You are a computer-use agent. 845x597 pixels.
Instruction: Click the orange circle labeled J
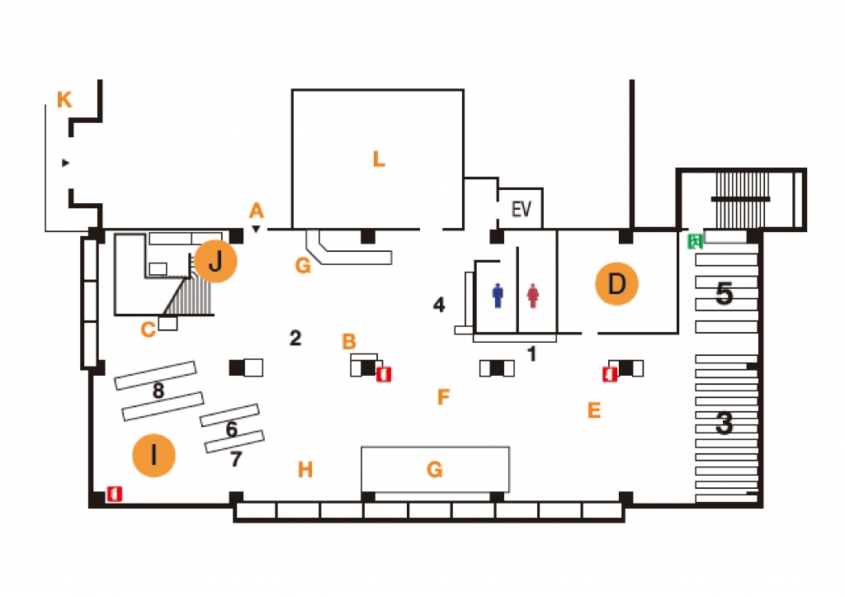[x=215, y=263]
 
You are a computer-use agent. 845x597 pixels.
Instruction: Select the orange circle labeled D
[x=617, y=284]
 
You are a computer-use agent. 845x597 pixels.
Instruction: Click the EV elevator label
[x=521, y=209]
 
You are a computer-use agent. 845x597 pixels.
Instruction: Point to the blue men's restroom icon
[x=498, y=296]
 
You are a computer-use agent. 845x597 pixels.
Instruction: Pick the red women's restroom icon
[x=533, y=296]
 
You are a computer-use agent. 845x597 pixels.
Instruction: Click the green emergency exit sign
[x=695, y=241]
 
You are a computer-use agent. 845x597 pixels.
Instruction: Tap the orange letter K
[x=64, y=101]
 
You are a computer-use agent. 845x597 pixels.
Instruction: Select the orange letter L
[x=379, y=159]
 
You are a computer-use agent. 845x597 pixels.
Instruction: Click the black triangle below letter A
[x=257, y=229]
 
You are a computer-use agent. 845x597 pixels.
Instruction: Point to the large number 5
[x=724, y=293]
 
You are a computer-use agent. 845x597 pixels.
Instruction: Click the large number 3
[x=724, y=423]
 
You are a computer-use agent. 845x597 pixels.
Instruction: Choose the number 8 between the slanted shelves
[x=158, y=391]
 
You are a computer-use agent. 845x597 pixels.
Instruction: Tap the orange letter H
[x=305, y=470]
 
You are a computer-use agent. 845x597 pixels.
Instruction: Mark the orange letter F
[x=443, y=398]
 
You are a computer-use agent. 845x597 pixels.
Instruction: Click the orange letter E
[x=593, y=410]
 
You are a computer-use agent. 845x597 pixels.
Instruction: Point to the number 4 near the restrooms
[x=439, y=306]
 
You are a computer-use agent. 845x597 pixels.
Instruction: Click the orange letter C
[x=148, y=330]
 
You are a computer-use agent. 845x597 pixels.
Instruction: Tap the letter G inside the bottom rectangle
[x=435, y=470]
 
